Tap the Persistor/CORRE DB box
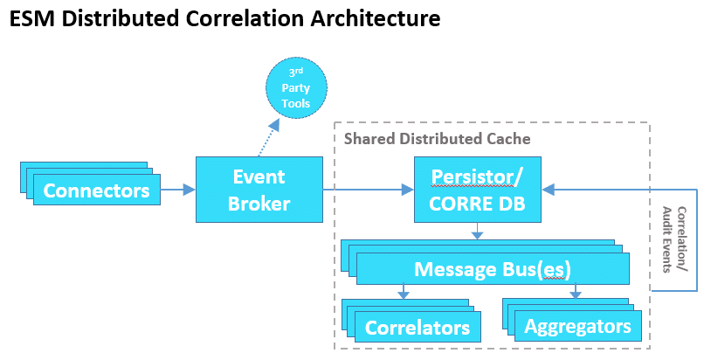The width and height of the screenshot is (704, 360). [x=477, y=190]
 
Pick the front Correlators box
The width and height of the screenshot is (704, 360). [x=418, y=328]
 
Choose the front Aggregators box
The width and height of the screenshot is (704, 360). [x=577, y=326]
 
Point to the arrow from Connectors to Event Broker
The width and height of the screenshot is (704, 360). [x=177, y=189]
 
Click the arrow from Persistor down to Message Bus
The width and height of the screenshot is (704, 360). [x=477, y=231]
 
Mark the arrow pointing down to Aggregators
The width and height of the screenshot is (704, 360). [x=574, y=291]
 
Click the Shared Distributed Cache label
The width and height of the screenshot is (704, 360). [x=437, y=138]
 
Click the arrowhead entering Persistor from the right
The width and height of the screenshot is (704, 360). [x=548, y=189]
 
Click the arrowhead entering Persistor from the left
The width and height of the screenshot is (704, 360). [x=406, y=190]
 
